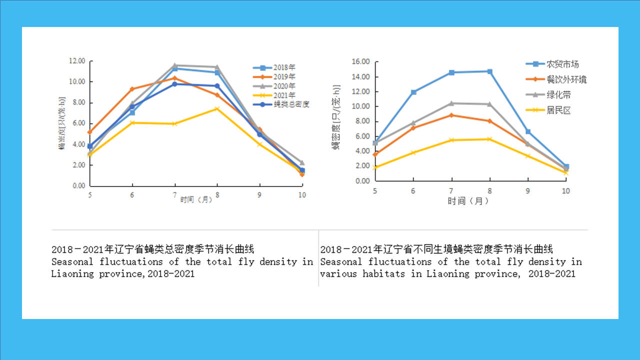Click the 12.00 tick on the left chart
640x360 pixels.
click(x=77, y=61)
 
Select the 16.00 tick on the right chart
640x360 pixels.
click(x=361, y=61)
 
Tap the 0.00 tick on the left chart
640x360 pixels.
click(x=78, y=185)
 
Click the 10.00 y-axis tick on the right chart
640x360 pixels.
click(x=361, y=106)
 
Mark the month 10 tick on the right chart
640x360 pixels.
click(x=565, y=191)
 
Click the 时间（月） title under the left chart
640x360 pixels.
click(x=196, y=200)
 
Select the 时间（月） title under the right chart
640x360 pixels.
click(x=468, y=201)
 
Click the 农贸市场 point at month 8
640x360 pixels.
click(x=490, y=71)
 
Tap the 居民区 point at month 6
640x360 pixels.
click(x=413, y=152)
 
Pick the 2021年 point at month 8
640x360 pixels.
click(x=217, y=108)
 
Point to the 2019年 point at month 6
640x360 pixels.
click(x=132, y=89)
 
